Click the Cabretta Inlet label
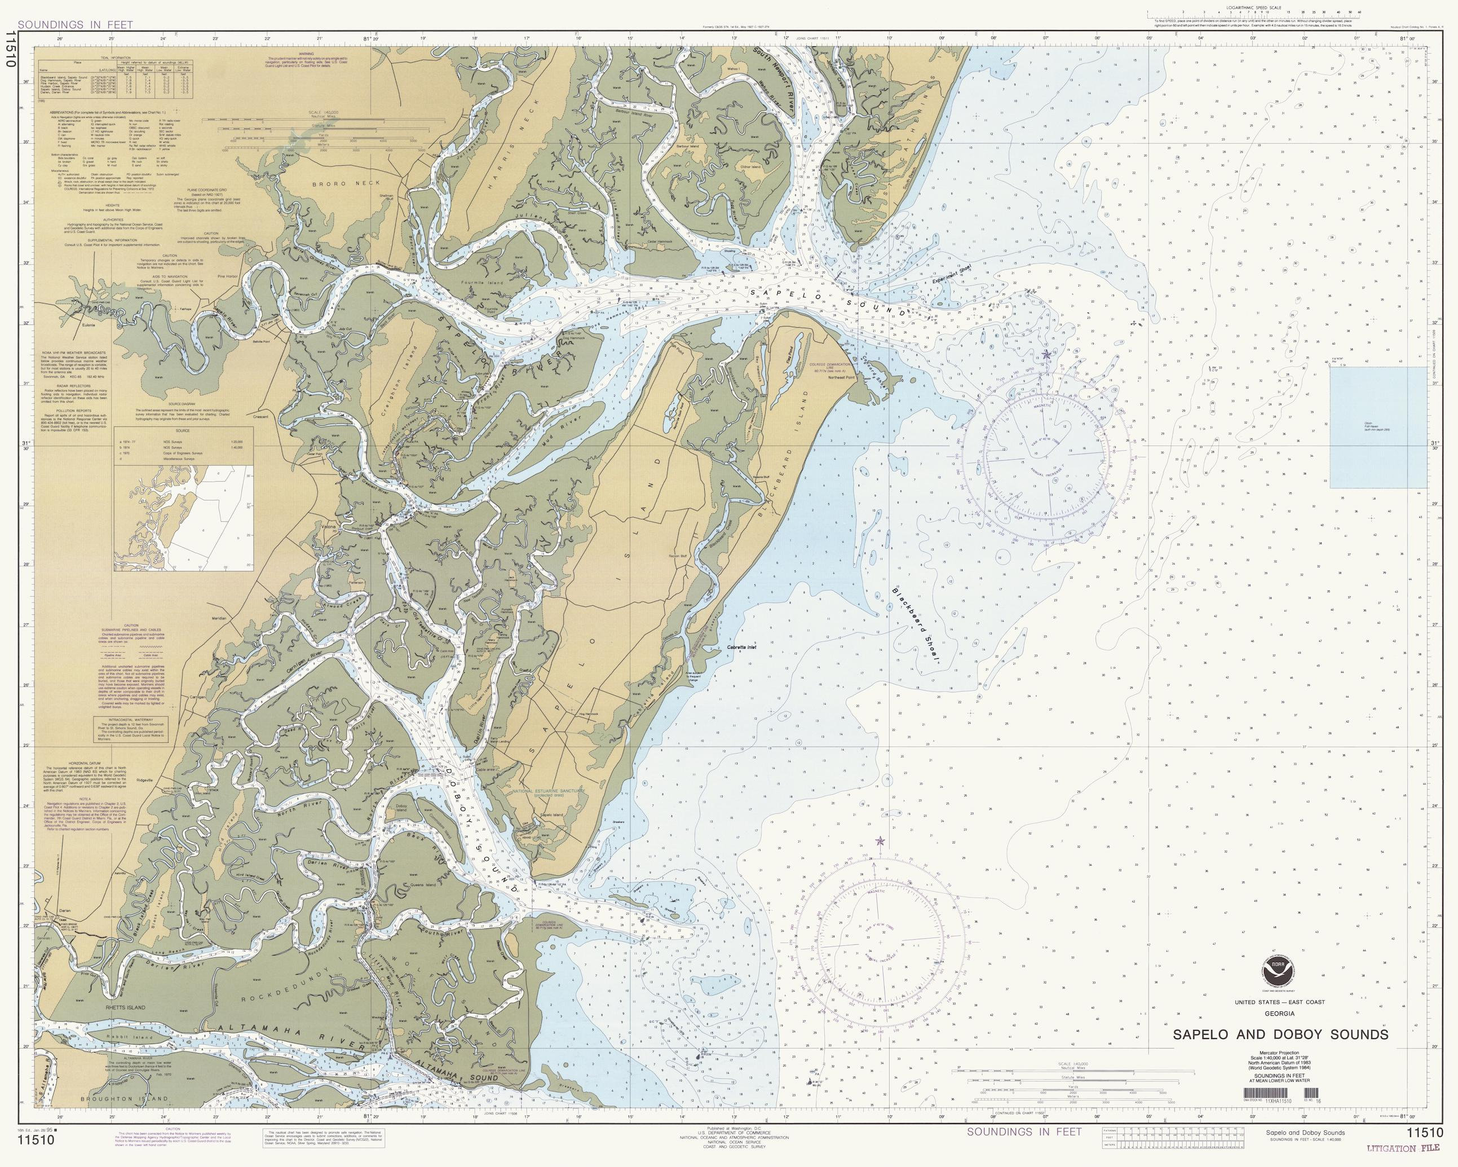[741, 648]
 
